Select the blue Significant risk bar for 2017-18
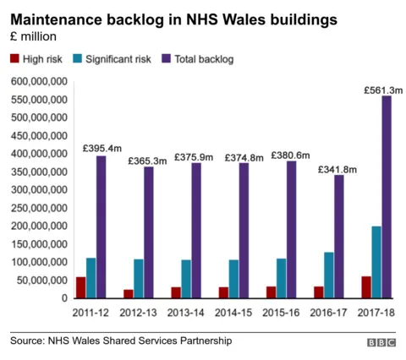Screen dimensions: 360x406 (x=376, y=262)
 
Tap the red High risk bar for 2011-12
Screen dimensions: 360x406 (x=80, y=287)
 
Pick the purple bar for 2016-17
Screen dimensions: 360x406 (x=339, y=237)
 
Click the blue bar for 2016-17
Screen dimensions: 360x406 (x=328, y=275)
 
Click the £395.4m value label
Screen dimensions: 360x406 (x=102, y=148)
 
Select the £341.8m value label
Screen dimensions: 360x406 (x=337, y=169)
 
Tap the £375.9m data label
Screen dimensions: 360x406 (x=195, y=156)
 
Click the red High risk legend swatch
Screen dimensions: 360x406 (x=14, y=59)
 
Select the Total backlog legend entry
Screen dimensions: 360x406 (x=204, y=59)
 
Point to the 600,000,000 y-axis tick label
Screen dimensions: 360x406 (x=38, y=82)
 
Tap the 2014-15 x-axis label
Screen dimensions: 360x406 (x=234, y=312)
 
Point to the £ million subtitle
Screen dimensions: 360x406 (x=34, y=36)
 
